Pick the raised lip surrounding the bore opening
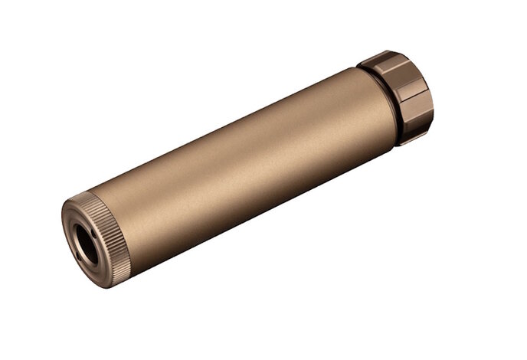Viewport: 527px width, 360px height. pyautogui.click(x=76, y=230)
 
